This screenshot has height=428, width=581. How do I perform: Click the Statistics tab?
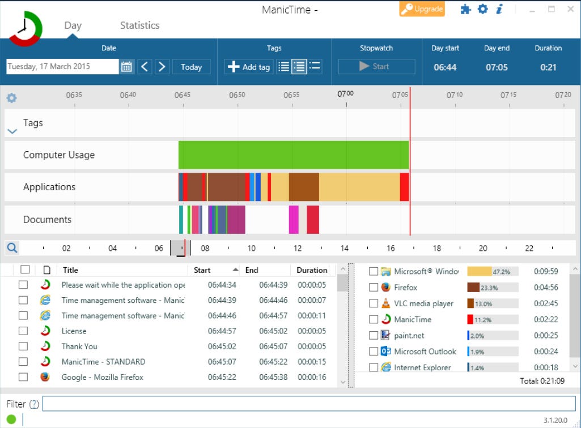(139, 25)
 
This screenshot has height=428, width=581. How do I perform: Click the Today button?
(191, 67)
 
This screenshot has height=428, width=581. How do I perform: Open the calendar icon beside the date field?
(126, 67)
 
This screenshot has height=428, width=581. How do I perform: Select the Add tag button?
(249, 67)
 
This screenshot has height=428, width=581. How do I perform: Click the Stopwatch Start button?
(376, 67)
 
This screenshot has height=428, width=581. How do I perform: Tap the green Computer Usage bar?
(293, 155)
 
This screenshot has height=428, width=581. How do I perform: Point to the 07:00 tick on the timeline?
(346, 95)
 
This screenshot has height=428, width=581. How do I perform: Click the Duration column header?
(312, 271)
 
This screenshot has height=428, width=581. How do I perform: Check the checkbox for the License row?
(23, 331)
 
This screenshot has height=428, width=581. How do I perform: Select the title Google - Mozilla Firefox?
(102, 377)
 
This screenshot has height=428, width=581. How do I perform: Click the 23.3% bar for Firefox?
(492, 288)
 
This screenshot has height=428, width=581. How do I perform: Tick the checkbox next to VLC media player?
(374, 303)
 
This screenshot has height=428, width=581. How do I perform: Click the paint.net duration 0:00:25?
(546, 336)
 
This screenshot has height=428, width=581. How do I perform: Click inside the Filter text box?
(309, 404)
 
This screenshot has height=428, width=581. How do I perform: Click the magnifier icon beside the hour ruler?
(12, 248)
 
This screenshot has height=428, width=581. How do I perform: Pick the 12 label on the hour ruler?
(298, 249)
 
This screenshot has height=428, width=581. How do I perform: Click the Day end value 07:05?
(497, 67)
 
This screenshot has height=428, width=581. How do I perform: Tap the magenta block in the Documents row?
(294, 220)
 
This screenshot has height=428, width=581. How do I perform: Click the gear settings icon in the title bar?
(482, 9)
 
